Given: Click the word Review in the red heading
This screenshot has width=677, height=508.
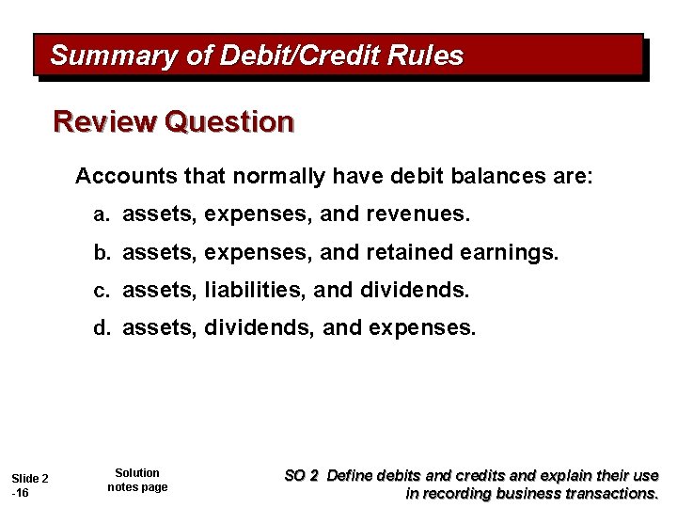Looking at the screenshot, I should click(x=103, y=122).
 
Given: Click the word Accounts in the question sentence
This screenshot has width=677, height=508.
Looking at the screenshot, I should click(x=117, y=177).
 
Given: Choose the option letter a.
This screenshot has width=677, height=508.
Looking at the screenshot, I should click(x=100, y=215).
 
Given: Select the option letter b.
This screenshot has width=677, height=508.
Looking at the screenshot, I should click(x=100, y=253).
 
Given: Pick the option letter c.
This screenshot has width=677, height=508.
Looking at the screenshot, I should click(x=100, y=291).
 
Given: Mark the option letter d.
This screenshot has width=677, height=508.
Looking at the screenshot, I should click(x=100, y=328).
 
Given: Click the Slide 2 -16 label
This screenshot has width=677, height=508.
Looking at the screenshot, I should click(x=30, y=486).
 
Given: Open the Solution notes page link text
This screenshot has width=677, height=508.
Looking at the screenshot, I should click(x=137, y=480).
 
